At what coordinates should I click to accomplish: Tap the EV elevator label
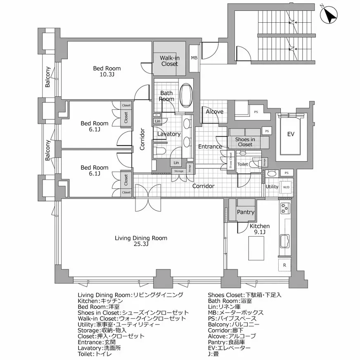(x=291, y=134)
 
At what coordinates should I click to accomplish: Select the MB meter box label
(x=194, y=58)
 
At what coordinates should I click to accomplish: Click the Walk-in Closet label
(x=169, y=61)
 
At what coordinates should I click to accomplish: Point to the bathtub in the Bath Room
(x=187, y=95)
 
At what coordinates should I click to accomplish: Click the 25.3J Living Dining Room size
(x=141, y=244)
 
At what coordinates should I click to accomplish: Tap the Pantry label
(x=245, y=212)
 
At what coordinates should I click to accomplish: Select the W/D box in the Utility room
(x=286, y=187)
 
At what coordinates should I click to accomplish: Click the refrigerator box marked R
(x=284, y=264)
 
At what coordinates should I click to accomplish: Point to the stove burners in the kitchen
(x=285, y=208)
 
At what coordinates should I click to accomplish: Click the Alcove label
(x=214, y=111)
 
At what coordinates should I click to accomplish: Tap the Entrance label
(x=210, y=147)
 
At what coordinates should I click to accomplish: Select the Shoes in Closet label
(x=245, y=142)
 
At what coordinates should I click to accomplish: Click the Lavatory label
(x=169, y=134)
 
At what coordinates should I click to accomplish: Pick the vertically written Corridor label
(x=142, y=139)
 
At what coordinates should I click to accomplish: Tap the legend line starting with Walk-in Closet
(x=132, y=319)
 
